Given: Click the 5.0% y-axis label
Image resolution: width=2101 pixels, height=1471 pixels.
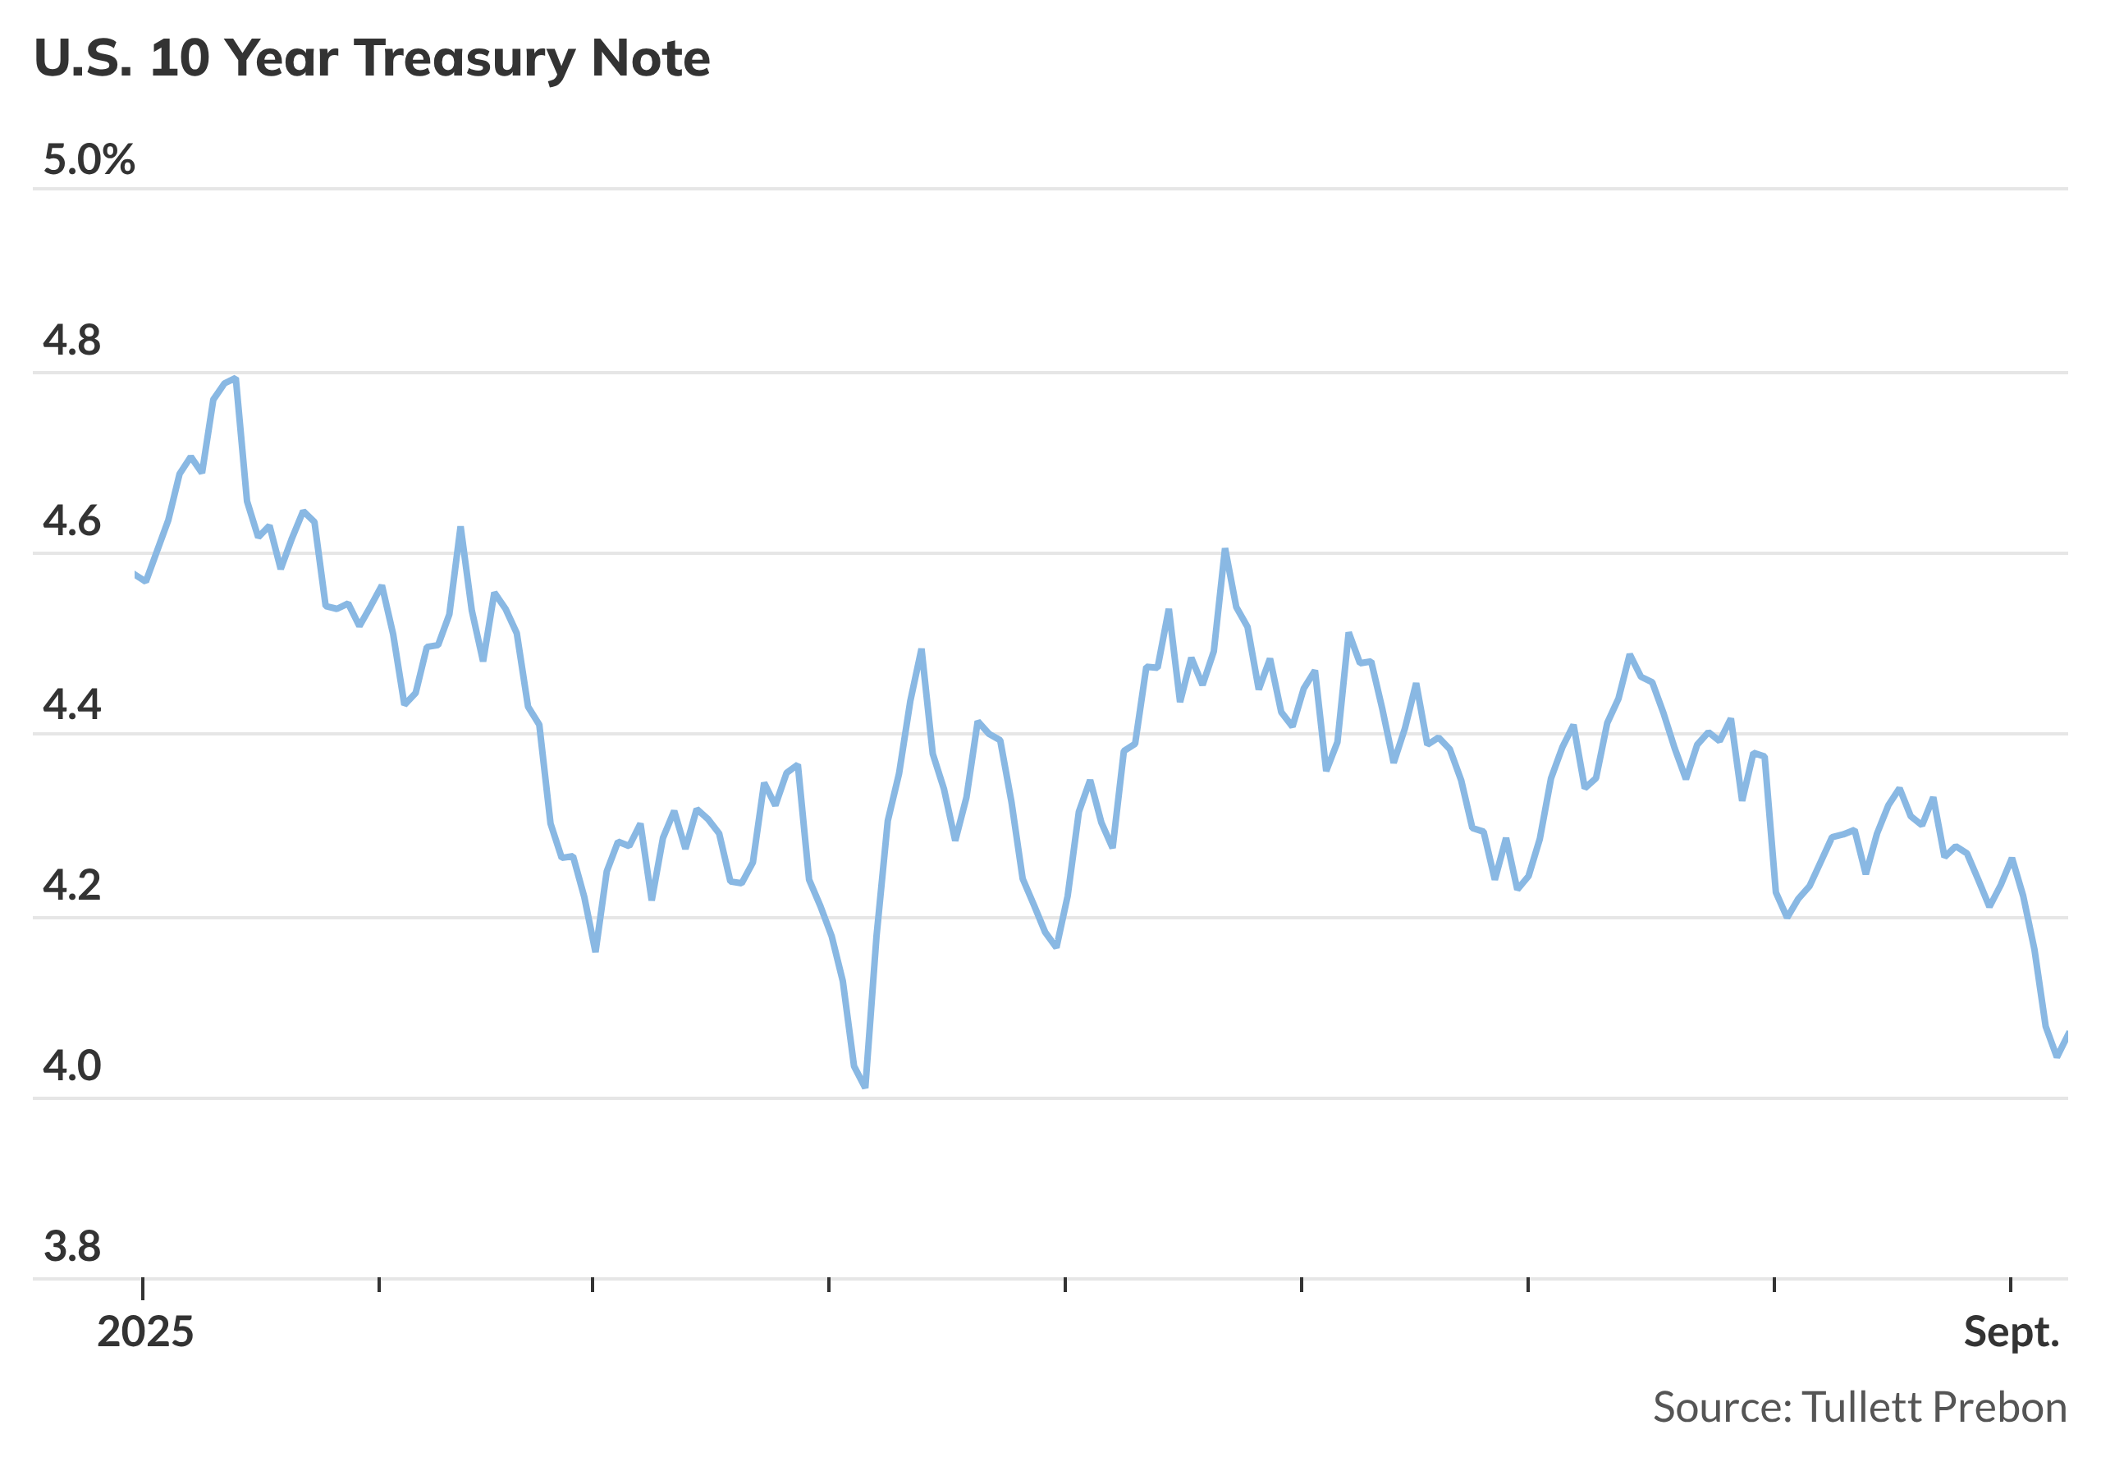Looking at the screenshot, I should pyautogui.click(x=89, y=160).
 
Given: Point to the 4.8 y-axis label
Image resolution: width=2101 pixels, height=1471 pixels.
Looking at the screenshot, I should pyautogui.click(x=72, y=341).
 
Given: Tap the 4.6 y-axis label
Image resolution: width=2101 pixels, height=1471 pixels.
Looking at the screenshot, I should pyautogui.click(x=72, y=522).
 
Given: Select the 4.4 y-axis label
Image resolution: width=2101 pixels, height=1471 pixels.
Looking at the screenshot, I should pyautogui.click(x=72, y=705).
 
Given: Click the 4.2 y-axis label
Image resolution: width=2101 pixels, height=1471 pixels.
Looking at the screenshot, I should pyautogui.click(x=72, y=886).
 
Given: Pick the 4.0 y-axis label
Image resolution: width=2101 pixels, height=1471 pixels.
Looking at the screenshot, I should pyautogui.click(x=72, y=1066).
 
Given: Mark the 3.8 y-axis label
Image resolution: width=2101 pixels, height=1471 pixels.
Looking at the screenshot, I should pyautogui.click(x=72, y=1247).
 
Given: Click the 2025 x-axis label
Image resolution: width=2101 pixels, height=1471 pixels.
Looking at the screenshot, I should pyautogui.click(x=145, y=1333).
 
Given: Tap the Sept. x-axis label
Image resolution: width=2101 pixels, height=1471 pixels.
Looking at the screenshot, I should pyautogui.click(x=2012, y=1333).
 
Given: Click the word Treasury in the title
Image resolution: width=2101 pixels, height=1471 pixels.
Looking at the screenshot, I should pyautogui.click(x=465, y=59).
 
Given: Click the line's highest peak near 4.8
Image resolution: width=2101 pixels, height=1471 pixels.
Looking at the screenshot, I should pyautogui.click(x=236, y=378).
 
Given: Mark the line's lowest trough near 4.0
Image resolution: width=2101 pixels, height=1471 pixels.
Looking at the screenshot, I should pyautogui.click(x=865, y=1087).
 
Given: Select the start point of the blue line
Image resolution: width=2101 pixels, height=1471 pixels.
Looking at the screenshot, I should pyautogui.click(x=135, y=575).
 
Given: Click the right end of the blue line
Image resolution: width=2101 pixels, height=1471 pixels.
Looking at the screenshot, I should pyautogui.click(x=2067, y=1033).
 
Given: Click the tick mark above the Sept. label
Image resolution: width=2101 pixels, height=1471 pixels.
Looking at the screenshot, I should pyautogui.click(x=2011, y=1285).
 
